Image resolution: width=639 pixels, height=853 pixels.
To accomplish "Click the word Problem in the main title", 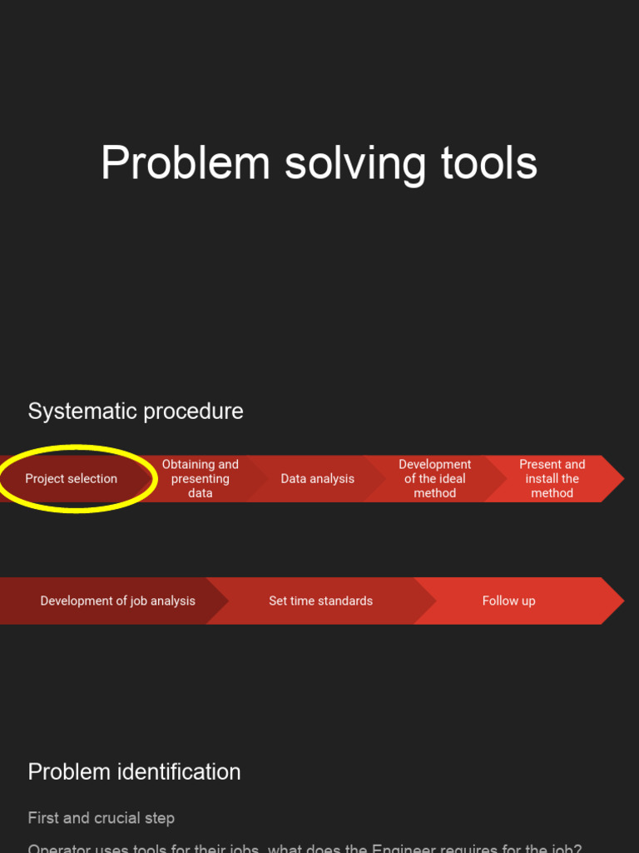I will [185, 162].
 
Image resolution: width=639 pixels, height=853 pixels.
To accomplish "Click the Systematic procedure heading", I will [136, 412].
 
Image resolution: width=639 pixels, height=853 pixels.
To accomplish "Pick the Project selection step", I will [72, 479].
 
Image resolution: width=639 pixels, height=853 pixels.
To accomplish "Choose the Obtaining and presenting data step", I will [201, 479].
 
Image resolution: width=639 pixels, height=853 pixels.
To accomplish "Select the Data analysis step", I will [317, 479].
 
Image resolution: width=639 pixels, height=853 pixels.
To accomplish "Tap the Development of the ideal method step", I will [435, 479].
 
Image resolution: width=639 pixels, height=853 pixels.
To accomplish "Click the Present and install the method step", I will [552, 479].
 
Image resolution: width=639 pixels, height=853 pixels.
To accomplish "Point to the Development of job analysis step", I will [117, 601].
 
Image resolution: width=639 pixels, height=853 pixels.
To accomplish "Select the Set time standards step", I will [320, 601].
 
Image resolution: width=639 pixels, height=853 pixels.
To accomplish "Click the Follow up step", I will [508, 601].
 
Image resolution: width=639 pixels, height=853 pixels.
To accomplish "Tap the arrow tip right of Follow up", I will [614, 601].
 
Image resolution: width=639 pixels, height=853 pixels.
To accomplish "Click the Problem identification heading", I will [134, 772].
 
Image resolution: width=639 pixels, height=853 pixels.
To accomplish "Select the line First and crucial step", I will [102, 818].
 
